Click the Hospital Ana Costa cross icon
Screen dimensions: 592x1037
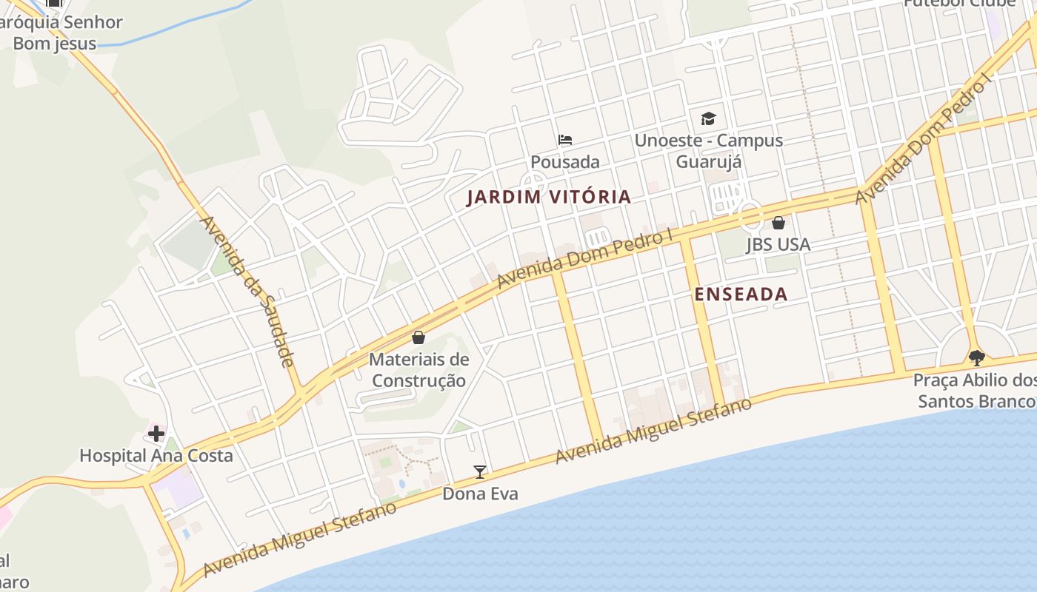coord(156,434)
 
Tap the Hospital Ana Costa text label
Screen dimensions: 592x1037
coord(156,456)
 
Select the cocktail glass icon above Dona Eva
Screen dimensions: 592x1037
coord(480,472)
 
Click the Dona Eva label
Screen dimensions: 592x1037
coord(480,494)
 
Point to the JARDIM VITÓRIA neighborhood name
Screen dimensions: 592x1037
coord(549,197)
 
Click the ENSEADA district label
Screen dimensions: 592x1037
coord(740,295)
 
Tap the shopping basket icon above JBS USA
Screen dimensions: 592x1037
coord(778,223)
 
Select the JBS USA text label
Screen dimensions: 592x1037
coord(778,244)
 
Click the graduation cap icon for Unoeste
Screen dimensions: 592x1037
coord(709,118)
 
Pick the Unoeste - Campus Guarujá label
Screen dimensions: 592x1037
coord(709,150)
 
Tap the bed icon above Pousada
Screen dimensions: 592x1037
coord(565,140)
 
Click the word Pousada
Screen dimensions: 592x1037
coord(565,161)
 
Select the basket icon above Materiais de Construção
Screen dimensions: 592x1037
coord(419,338)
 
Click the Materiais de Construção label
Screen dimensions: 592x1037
coord(419,370)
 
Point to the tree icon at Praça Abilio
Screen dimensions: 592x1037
coord(977,358)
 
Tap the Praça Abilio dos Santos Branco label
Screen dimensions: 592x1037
coord(974,391)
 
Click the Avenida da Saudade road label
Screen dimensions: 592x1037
coord(247,291)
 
